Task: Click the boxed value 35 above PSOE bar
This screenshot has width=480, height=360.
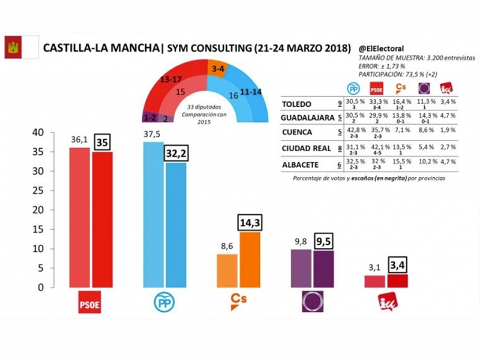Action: [102, 142]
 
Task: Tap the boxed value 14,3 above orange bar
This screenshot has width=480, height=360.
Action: [250, 223]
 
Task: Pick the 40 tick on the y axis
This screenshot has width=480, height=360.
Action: [37, 133]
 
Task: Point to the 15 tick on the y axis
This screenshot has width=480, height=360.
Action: [37, 229]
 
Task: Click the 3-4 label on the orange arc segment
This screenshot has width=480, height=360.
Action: [218, 69]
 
